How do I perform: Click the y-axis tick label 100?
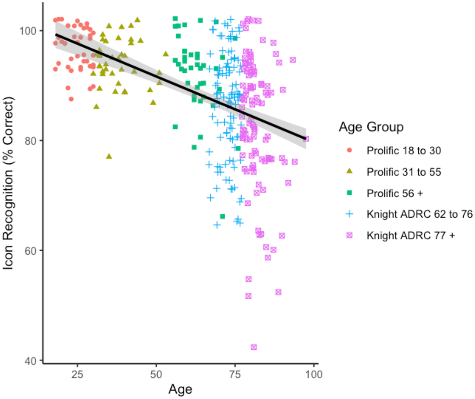tap(27, 31)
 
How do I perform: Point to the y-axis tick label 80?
tap(30, 141)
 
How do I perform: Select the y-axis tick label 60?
tap(30, 251)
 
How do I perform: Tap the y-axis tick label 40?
tap(30, 361)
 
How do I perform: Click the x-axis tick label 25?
tap(77, 374)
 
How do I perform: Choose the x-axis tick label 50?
tap(156, 374)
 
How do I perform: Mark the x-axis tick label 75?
tap(235, 374)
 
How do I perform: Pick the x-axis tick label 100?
tap(314, 374)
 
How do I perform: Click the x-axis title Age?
tap(180, 389)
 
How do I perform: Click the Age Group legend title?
tap(371, 127)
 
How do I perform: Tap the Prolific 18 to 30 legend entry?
tap(404, 151)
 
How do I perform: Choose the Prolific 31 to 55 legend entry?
tap(404, 172)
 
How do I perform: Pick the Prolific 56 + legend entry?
tap(395, 194)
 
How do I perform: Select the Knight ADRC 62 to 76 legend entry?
tap(419, 214)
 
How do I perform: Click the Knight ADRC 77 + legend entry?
tap(411, 236)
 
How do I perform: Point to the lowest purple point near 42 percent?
tap(254, 347)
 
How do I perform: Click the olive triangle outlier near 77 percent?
tap(109, 156)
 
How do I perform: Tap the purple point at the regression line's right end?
tap(306, 139)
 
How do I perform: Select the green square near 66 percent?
tap(222, 216)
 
